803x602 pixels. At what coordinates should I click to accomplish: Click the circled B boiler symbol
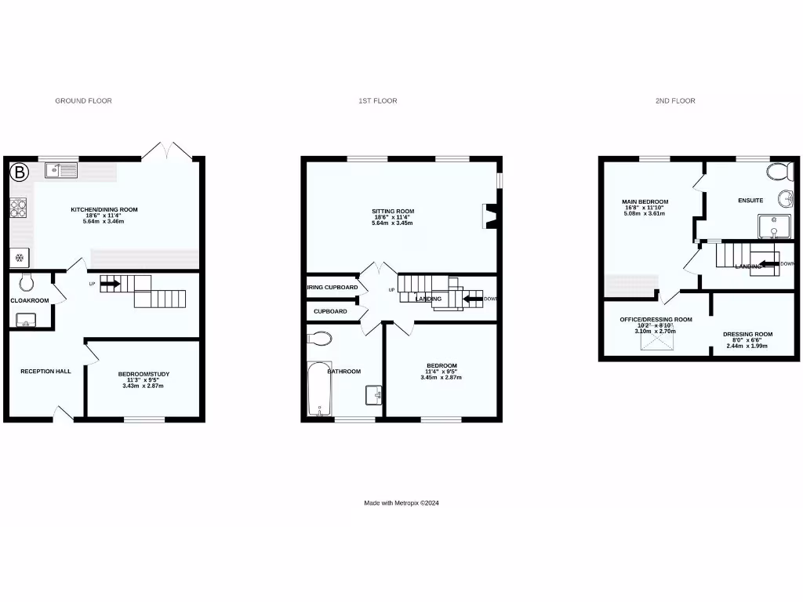(x=20, y=171)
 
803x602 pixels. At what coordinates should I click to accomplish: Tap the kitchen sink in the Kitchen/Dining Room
(x=60, y=169)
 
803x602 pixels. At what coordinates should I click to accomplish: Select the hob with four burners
(x=18, y=209)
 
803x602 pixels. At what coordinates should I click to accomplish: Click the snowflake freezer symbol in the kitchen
(x=19, y=257)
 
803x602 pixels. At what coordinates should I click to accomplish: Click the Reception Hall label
(x=45, y=371)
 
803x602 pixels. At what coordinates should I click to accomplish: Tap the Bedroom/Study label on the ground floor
(x=144, y=374)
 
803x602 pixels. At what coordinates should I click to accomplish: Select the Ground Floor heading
(x=83, y=101)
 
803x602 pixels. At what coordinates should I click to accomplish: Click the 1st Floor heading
(x=378, y=101)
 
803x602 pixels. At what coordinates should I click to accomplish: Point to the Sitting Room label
(x=392, y=211)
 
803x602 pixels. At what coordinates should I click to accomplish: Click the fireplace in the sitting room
(x=491, y=217)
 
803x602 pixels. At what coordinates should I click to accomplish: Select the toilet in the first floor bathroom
(x=321, y=339)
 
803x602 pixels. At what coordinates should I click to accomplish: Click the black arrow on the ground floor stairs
(x=110, y=283)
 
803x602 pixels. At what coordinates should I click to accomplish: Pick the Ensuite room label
(x=750, y=201)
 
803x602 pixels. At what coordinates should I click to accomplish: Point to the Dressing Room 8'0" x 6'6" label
(x=747, y=335)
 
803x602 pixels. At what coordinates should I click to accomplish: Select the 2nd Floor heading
(x=675, y=101)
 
